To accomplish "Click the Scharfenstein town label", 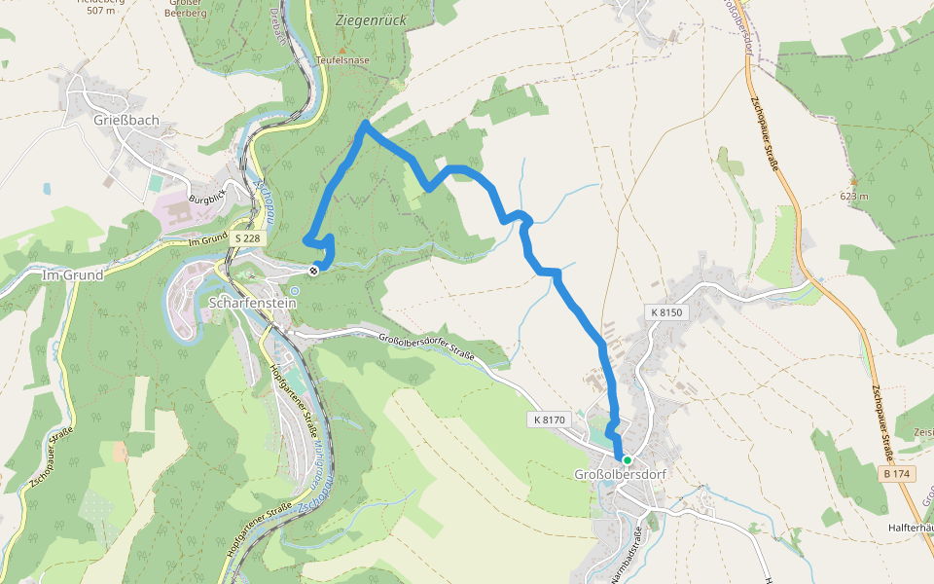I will click(x=251, y=303).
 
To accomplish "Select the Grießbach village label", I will click(x=126, y=121).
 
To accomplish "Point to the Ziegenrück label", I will click(x=370, y=19).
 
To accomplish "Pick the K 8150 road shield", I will click(x=666, y=312).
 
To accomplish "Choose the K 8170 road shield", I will click(x=550, y=420).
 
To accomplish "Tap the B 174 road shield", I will click(x=896, y=473).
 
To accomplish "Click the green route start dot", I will click(x=628, y=460).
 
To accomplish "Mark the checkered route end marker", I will click(x=313, y=271).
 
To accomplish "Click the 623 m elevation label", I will click(x=854, y=196).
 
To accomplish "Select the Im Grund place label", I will click(x=73, y=275).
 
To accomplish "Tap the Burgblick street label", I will click(x=206, y=199).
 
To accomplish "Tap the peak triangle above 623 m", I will click(x=854, y=182).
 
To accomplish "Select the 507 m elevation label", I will click(x=100, y=11).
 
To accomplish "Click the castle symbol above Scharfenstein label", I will click(x=294, y=289).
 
